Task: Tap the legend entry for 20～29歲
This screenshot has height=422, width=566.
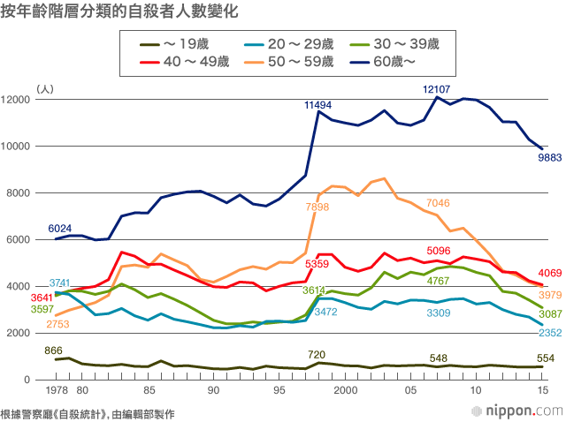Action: click(293, 43)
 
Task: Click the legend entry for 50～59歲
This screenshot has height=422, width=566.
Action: click(293, 60)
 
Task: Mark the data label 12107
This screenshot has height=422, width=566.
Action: click(437, 90)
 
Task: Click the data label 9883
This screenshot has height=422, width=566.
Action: click(545, 158)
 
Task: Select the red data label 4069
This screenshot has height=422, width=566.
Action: click(546, 273)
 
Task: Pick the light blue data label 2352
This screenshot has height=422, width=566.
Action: click(546, 333)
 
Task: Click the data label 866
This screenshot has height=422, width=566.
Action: click(53, 350)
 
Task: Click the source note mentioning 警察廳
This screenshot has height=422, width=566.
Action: click(88, 412)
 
